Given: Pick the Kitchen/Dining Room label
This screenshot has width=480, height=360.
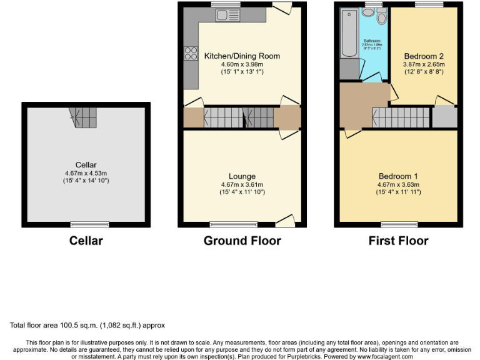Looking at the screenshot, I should tap(242, 56).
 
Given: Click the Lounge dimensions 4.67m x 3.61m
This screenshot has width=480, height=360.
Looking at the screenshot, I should tap(242, 184).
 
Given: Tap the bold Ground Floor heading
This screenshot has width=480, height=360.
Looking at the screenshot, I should tap(242, 241).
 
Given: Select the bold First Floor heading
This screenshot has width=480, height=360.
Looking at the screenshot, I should tap(398, 241).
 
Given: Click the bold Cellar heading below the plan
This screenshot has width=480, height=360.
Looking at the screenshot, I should tap(86, 241).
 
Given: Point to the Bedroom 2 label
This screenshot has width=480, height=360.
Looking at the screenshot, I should tap(424, 56).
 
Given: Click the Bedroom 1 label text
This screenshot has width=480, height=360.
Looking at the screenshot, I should tap(398, 176).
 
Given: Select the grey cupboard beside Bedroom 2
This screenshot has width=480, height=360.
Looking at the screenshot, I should tap(444, 117).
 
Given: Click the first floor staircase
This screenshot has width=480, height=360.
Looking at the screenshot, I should tap(403, 117).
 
